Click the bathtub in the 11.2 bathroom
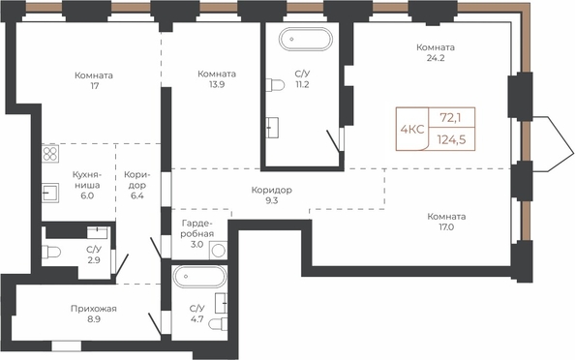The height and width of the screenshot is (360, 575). (306, 39)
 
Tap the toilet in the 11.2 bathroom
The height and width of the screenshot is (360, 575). (275, 85)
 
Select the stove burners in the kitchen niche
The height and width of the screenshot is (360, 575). (50, 154)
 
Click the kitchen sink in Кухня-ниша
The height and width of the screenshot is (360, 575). (50, 193)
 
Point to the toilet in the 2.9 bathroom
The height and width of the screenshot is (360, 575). (51, 253)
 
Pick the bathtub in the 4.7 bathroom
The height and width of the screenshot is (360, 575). (200, 277)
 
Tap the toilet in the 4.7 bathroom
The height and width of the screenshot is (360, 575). (218, 323)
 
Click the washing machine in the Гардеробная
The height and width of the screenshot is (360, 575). (218, 251)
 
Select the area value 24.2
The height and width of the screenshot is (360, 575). (436, 58)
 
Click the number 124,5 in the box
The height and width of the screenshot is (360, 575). (452, 139)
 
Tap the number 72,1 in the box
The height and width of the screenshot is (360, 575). (451, 118)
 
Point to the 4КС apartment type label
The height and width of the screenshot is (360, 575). (412, 129)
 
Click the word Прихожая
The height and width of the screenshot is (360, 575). (94, 309)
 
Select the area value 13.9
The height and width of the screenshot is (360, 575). (217, 85)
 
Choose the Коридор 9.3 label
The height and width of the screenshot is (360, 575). (272, 195)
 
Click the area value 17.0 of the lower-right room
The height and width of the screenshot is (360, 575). (446, 226)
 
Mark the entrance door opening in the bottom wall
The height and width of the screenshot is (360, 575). (67, 346)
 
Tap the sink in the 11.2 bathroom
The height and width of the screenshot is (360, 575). (272, 128)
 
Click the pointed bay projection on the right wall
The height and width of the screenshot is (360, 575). (553, 143)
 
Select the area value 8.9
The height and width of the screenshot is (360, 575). (94, 319)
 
